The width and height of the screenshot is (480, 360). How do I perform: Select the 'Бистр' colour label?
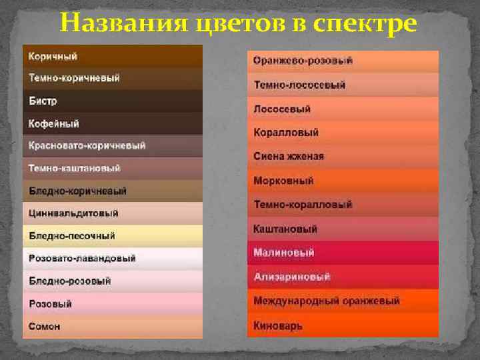point(43,101)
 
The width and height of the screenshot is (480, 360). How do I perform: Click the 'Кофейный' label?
point(54,124)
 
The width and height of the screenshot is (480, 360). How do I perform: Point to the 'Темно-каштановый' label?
point(75,169)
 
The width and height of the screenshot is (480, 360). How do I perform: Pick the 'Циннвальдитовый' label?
point(73,213)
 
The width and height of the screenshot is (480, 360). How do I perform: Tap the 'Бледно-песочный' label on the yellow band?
point(72,236)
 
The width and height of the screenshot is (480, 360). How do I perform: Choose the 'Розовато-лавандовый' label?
point(82,258)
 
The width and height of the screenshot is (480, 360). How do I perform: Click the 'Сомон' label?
point(45,326)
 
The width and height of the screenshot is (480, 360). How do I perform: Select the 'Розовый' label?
point(50,304)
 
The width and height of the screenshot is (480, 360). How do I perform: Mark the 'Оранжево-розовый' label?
point(303,61)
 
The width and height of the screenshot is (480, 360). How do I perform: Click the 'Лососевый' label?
point(282,109)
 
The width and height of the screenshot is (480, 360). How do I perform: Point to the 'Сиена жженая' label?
point(289,157)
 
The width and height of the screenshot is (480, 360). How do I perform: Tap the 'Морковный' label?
point(283,181)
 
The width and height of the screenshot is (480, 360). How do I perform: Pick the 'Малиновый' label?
point(283,253)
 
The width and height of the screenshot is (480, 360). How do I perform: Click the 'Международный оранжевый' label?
point(326,301)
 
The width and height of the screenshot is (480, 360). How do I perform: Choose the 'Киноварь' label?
point(278,326)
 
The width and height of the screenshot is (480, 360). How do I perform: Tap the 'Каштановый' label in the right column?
point(285,229)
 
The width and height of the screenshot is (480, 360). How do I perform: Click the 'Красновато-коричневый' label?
point(87,146)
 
